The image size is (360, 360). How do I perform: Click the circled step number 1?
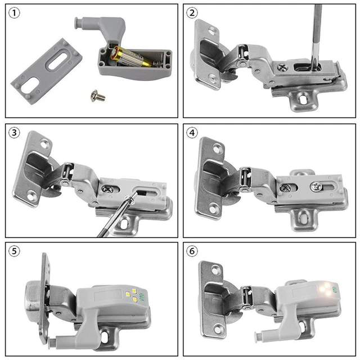(15, 13)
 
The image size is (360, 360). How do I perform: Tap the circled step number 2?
(193, 13)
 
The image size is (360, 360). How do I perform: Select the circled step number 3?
(15, 133)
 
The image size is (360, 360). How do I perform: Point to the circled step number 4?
(193, 133)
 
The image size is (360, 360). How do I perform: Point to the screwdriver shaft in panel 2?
(317, 34)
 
